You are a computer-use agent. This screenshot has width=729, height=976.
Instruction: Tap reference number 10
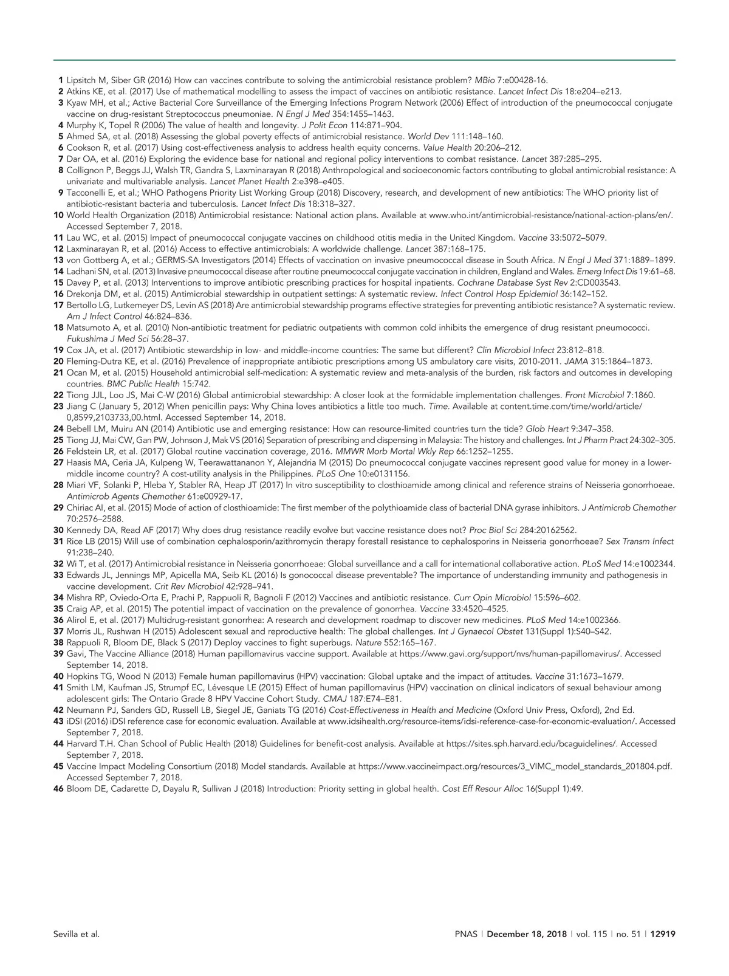58,215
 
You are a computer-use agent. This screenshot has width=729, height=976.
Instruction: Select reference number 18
58,328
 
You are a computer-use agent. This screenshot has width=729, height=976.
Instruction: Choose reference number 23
58,406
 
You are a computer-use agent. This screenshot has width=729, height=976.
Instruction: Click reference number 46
58,788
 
